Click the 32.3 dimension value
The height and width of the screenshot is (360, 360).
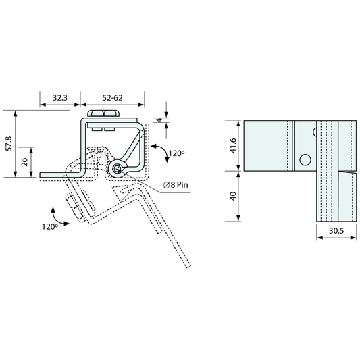[60, 98]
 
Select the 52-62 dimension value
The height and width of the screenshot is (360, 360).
[113, 98]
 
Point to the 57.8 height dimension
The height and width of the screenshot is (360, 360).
[9, 144]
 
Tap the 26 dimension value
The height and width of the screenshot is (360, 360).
[25, 162]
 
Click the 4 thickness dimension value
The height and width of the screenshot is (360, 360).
[159, 120]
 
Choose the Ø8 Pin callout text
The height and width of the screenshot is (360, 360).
[176, 185]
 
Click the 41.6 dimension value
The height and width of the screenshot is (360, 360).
[233, 146]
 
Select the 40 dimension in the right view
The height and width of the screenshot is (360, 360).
[233, 197]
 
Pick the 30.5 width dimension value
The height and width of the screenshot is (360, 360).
[336, 231]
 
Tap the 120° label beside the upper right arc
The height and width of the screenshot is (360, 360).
[176, 153]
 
